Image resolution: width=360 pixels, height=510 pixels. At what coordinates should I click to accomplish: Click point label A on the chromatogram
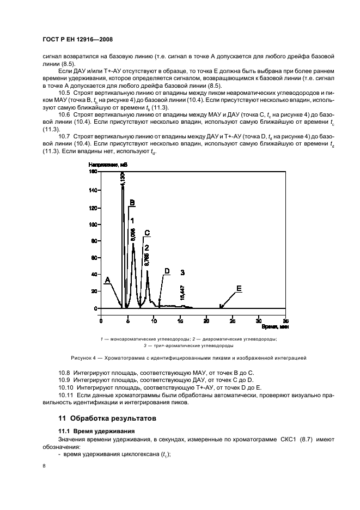107,280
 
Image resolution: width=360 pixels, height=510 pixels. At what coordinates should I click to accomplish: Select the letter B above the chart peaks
131,203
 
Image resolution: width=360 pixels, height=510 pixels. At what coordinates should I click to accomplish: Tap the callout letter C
147,233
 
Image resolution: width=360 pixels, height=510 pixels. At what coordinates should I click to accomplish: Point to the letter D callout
167,271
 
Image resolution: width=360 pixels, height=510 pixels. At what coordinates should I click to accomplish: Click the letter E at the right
239,288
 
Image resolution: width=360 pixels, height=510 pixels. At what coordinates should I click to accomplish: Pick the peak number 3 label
183,271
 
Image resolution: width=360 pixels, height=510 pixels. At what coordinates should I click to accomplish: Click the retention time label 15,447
182,293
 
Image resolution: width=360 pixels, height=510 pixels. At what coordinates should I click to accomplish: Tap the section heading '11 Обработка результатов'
108,418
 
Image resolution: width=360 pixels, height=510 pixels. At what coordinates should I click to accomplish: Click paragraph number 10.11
66,393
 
